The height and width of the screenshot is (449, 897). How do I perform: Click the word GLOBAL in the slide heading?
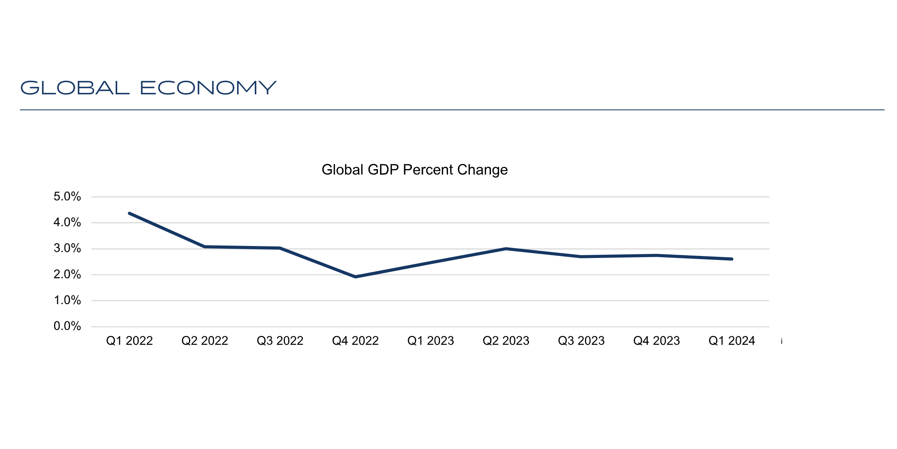pos(75,88)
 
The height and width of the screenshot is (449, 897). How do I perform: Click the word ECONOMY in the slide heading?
pos(208,88)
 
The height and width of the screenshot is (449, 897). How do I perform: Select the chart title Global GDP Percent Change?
pos(415,170)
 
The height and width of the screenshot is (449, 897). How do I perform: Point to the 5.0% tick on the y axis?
pos(67,197)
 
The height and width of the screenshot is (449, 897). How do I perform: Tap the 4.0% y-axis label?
pos(67,223)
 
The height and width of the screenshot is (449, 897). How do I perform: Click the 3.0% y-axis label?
pos(67,249)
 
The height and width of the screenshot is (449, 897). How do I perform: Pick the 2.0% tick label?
pos(67,275)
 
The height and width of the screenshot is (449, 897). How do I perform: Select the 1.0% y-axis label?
pos(67,301)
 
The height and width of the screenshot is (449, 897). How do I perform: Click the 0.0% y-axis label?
pos(67,326)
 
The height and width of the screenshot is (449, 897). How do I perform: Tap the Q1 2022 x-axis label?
pos(130,341)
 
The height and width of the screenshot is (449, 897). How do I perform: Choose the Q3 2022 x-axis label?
pos(280,341)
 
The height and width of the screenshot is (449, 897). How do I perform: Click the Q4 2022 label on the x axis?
pos(355,341)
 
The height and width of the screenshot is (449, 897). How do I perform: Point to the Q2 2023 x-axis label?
pos(506,341)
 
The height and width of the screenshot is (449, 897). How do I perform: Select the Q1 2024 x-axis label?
pos(732,341)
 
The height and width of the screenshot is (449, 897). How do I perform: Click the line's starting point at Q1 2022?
pos(130,213)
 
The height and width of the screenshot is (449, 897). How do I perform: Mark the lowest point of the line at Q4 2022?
pos(355,277)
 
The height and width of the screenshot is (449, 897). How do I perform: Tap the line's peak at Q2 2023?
pos(506,249)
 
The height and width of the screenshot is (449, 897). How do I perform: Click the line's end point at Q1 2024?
pos(732,259)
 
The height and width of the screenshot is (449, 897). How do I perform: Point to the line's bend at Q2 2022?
pos(205,247)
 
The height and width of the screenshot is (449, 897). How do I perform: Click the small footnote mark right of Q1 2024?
pos(782,342)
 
